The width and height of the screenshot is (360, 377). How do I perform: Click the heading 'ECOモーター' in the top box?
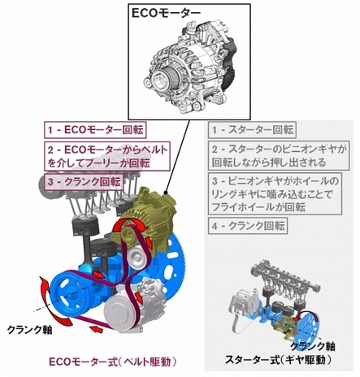[x=166, y=13]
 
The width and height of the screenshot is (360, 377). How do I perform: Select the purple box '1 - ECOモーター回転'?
[x=95, y=130]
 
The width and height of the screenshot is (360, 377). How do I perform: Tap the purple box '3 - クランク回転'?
[x=85, y=182]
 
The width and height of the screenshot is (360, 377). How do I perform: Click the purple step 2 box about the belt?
[x=107, y=156]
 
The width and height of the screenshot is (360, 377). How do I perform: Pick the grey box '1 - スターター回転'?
[x=252, y=130]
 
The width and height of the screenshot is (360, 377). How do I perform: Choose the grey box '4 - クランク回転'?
[x=248, y=225]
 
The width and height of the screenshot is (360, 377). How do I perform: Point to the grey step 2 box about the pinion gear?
[x=279, y=155]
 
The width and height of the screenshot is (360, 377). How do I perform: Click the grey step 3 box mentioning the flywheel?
[x=275, y=194]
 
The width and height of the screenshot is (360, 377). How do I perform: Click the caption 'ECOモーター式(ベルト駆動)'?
[x=113, y=362]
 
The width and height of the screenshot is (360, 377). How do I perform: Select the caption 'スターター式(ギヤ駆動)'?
[x=278, y=359]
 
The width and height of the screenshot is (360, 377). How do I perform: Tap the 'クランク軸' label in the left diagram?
[x=29, y=330]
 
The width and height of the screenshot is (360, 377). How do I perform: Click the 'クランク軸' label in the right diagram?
[x=313, y=346]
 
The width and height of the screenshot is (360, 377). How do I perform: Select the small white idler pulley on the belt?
[x=137, y=258]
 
